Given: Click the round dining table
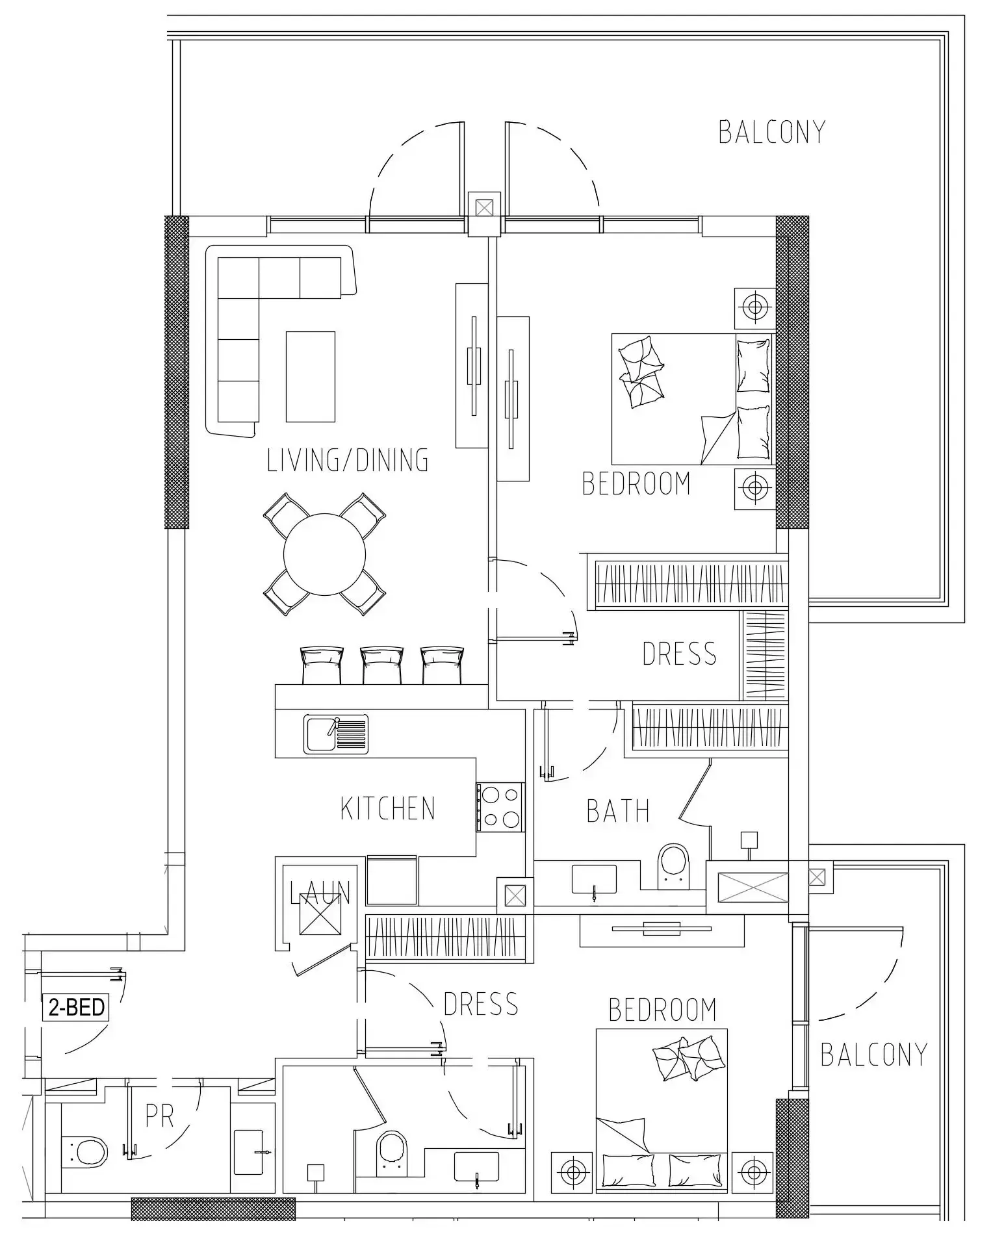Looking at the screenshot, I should pos(324,554).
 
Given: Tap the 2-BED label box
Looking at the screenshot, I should pos(76,1008).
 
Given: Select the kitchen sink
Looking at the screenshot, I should pos(335,734).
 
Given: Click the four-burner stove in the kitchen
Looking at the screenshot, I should pos(499,807).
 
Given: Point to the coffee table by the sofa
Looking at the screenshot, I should pos(310,376).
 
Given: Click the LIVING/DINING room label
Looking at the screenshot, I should pos(348,460).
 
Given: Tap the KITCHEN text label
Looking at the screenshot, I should pos(387,808).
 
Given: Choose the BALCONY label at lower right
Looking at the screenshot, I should pos(873,1055).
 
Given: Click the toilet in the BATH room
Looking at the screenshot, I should pos(673,866).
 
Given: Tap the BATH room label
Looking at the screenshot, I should pos(617,812).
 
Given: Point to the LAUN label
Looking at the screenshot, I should pos(320,893).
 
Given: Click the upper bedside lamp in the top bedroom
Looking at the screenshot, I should pos(754,307).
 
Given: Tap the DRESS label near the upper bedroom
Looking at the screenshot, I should pos(678,654).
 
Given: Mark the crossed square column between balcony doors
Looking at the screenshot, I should pos(484,208).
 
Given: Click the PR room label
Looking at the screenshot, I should pos(159,1117).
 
